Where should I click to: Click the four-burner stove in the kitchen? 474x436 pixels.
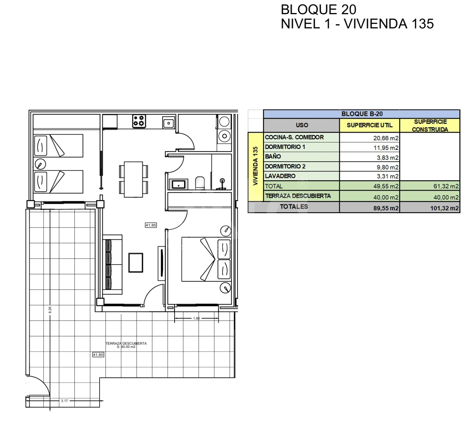tap(139, 121)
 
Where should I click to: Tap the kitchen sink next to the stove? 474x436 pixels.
tap(169, 123)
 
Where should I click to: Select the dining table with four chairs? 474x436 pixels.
tap(133, 179)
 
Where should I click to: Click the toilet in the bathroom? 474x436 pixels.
tap(200, 183)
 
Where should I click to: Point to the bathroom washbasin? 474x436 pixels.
tap(179, 184)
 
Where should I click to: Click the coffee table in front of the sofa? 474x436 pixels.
tap(136, 263)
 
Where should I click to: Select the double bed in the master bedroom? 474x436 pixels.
tap(206, 259)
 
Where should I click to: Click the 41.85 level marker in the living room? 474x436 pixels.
tap(151, 225)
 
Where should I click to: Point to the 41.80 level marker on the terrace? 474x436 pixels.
tap(98, 355)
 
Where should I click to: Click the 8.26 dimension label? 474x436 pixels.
tap(50, 310)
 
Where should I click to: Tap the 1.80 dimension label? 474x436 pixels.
tap(196, 318)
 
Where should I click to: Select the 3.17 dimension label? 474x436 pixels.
tap(64, 401)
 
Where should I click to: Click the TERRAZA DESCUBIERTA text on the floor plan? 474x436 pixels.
tap(126, 343)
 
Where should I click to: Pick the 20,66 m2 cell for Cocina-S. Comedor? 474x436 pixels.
tap(386, 138)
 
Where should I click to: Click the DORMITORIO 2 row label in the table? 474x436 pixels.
tap(285, 166)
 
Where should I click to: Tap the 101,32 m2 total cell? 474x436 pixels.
tap(444, 208)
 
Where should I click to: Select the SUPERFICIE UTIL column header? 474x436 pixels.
tap(370, 125)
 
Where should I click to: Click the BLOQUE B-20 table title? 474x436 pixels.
tap(362, 114)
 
